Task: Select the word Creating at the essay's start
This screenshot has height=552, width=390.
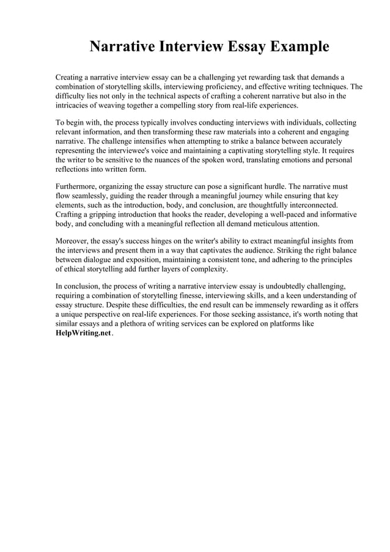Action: (x=72, y=78)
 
